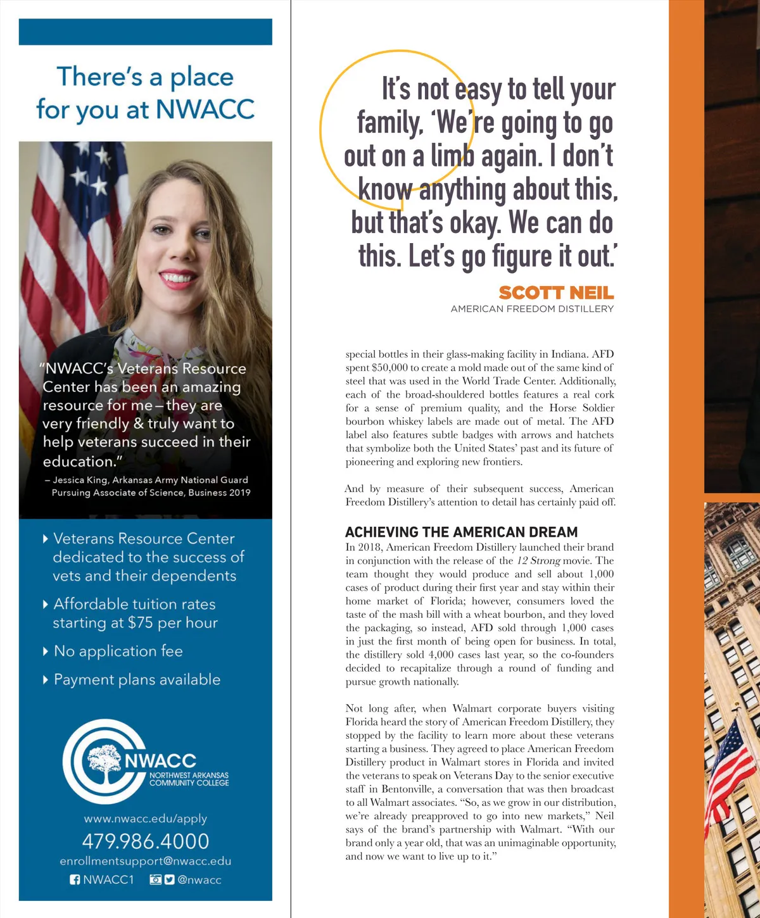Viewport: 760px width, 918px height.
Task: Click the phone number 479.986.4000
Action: point(146,841)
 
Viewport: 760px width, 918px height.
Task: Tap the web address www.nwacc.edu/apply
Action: point(146,819)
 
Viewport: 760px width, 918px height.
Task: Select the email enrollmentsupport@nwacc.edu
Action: point(146,861)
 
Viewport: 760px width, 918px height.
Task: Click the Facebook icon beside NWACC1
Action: point(75,879)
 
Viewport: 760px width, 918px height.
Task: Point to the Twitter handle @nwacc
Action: point(199,879)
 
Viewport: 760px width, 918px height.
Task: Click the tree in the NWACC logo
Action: point(104,762)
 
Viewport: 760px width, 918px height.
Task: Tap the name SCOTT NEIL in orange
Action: point(556,292)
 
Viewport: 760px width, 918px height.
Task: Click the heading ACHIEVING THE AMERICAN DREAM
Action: point(461,532)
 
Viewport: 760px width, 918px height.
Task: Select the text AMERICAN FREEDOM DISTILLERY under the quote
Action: point(532,309)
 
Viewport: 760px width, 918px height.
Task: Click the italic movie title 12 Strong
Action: point(538,560)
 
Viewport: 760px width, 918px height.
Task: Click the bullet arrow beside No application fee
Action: point(45,651)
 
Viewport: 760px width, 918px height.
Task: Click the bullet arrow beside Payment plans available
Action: point(45,680)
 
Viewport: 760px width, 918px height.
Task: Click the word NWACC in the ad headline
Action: point(205,109)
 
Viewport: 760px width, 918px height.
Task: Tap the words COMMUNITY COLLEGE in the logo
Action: point(189,783)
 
